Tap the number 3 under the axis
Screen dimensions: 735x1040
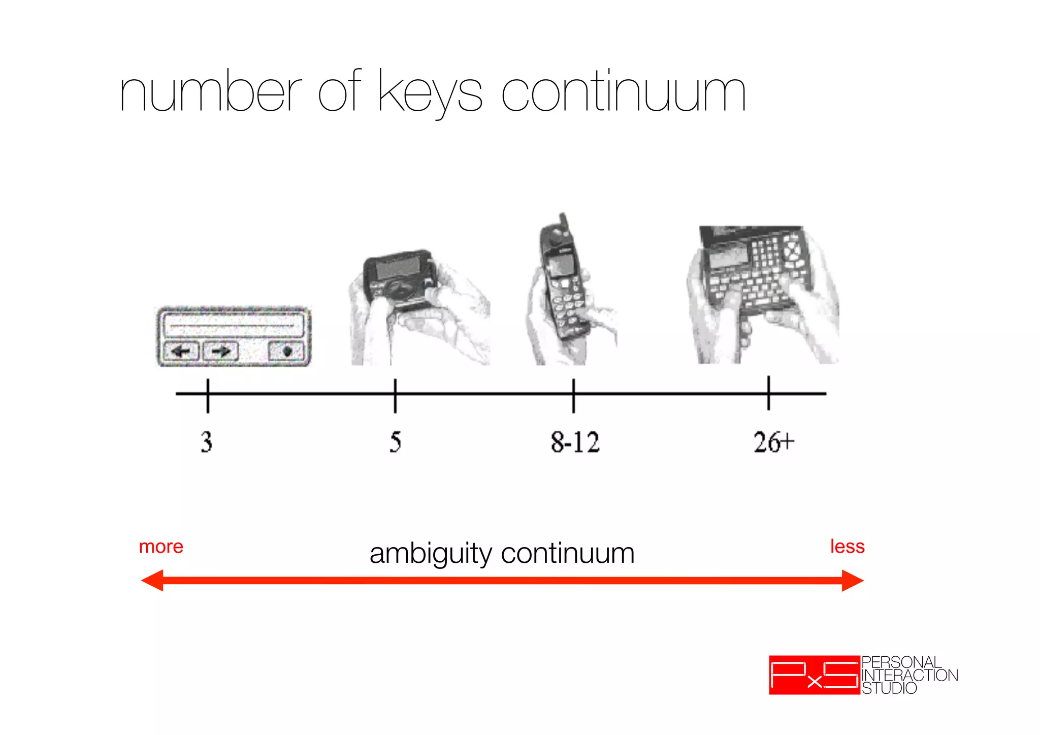point(206,441)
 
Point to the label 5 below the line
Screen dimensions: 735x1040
point(396,441)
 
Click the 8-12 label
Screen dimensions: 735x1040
point(575,441)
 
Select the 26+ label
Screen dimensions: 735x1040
point(773,441)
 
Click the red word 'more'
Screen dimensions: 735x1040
point(161,547)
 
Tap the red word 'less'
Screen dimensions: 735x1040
point(847,547)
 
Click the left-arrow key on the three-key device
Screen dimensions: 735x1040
point(181,351)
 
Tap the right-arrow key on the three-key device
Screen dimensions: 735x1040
point(220,351)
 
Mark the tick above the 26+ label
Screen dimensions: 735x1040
point(768,393)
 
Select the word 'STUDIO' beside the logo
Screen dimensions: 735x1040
point(889,689)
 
